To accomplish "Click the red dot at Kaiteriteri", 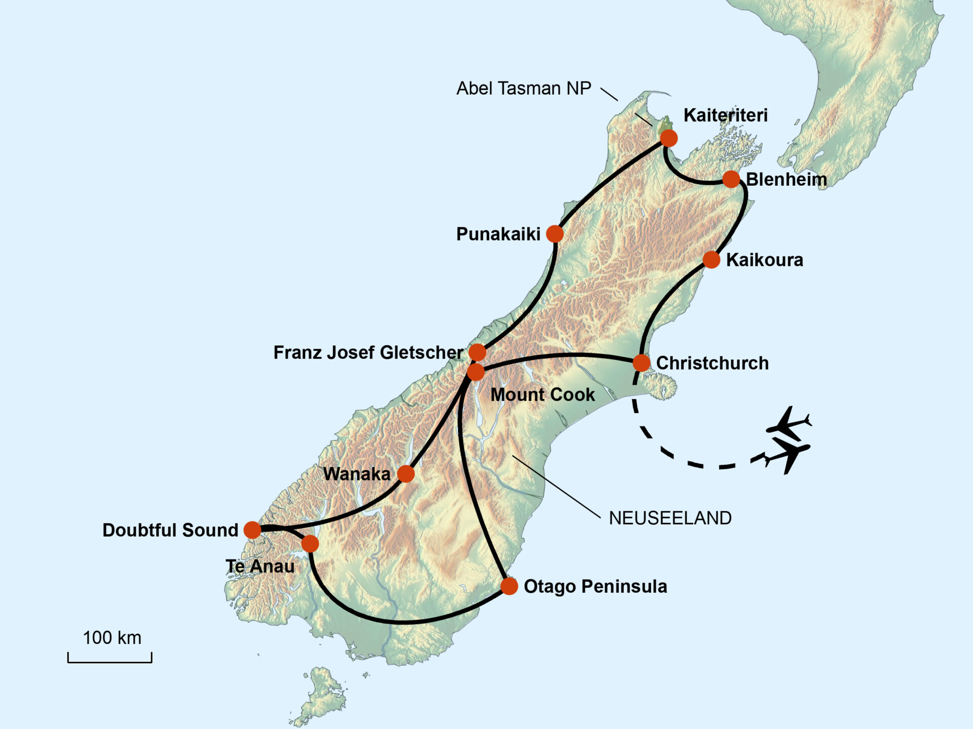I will click(x=668, y=138).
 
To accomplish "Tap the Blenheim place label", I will click(x=786, y=179).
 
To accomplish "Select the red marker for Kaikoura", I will click(x=712, y=260).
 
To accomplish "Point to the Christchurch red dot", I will click(x=642, y=363).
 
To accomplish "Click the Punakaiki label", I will click(x=498, y=234).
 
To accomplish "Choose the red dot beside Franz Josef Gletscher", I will click(x=477, y=352).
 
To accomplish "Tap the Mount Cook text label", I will click(x=542, y=394).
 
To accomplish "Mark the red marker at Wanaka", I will click(x=406, y=474).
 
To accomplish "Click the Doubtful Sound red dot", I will click(x=252, y=530).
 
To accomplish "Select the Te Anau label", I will click(x=260, y=566).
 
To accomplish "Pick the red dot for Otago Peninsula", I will click(x=509, y=586).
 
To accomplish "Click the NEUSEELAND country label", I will click(x=670, y=518).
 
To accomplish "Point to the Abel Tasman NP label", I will click(x=523, y=88).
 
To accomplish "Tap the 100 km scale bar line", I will click(x=110, y=661).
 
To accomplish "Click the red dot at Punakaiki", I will click(x=555, y=234).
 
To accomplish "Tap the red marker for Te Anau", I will click(x=310, y=544).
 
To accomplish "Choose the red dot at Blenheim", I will click(x=731, y=179).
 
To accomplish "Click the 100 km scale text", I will click(x=112, y=638).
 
